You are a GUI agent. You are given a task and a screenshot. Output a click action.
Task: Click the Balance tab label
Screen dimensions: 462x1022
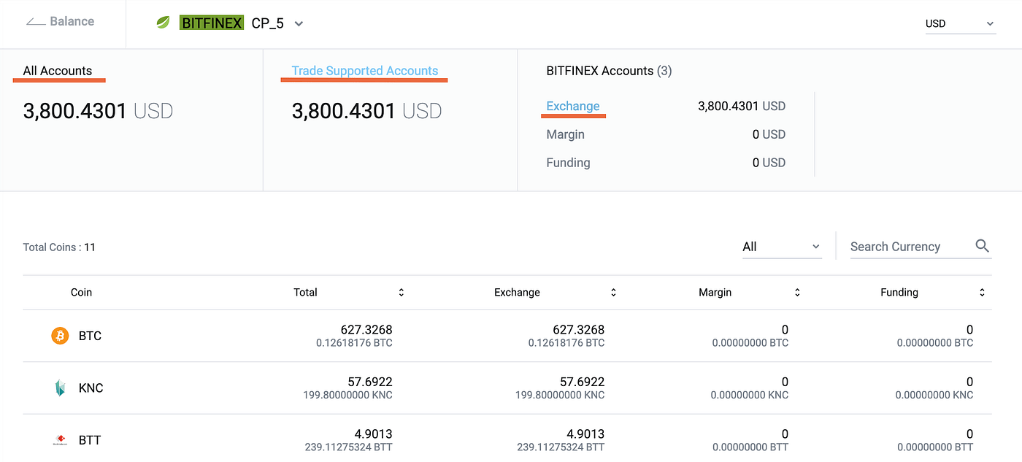pyautogui.click(x=72, y=21)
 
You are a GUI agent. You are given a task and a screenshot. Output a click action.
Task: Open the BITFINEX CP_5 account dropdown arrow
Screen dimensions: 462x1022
pyautogui.click(x=299, y=23)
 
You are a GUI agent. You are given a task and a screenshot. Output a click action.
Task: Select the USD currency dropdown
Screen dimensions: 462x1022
pyautogui.click(x=959, y=23)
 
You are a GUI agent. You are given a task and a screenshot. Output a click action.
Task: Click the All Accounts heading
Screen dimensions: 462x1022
pyautogui.click(x=58, y=71)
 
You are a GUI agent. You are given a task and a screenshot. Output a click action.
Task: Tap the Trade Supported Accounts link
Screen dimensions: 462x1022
pyautogui.click(x=365, y=71)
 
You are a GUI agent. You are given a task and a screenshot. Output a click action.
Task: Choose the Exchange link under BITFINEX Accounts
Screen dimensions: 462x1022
pyautogui.click(x=573, y=106)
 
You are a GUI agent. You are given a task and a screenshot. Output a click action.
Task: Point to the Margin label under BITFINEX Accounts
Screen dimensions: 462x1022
pyautogui.click(x=565, y=134)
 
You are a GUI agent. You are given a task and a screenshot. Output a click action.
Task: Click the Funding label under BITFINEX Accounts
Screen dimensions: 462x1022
pyautogui.click(x=568, y=163)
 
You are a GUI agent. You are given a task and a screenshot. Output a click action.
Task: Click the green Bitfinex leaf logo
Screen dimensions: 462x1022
pyautogui.click(x=164, y=23)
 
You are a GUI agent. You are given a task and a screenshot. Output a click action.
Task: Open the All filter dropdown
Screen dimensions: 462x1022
pyautogui.click(x=781, y=247)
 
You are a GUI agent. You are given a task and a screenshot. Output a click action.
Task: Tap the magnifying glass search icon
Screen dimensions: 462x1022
pyautogui.click(x=982, y=246)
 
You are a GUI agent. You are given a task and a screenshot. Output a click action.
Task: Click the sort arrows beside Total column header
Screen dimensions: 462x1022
pyautogui.click(x=401, y=292)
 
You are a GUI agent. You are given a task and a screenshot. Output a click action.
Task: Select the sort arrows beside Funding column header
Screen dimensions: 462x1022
pyautogui.click(x=982, y=292)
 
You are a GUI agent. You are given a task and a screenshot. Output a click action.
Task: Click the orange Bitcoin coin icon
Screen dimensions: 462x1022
pyautogui.click(x=60, y=336)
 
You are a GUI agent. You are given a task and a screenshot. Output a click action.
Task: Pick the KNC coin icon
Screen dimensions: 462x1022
pyautogui.click(x=60, y=388)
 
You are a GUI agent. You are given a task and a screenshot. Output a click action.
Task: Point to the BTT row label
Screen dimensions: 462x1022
pyautogui.click(x=90, y=440)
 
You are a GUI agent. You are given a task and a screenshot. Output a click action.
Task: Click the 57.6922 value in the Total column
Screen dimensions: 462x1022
pyautogui.click(x=369, y=382)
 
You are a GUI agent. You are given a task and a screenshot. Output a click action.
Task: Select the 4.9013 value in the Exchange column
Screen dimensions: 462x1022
pyautogui.click(x=582, y=434)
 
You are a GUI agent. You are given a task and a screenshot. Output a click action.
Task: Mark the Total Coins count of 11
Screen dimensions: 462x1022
pyautogui.click(x=90, y=247)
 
